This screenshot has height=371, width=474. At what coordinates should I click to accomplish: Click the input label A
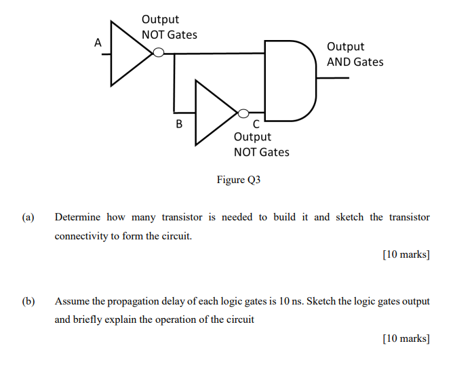tap(98, 43)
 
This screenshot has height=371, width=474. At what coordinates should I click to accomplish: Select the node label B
tap(179, 124)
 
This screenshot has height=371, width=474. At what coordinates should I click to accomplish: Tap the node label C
tap(256, 124)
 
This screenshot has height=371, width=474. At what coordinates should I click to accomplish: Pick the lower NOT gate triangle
tap(214, 113)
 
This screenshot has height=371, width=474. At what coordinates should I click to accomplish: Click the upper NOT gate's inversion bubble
tap(158, 53)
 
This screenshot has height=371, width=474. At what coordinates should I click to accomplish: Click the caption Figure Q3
tap(238, 180)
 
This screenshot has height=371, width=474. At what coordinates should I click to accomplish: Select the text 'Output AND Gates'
tap(355, 54)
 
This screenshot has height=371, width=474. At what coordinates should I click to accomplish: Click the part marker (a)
tap(28, 218)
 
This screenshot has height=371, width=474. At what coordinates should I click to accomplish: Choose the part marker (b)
tap(28, 301)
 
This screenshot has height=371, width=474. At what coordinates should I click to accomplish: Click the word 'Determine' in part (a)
tap(77, 218)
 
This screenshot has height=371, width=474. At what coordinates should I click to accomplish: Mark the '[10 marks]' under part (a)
tap(406, 255)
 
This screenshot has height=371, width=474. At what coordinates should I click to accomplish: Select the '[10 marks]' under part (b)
tap(406, 338)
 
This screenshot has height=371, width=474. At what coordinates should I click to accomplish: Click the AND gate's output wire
tap(333, 78)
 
